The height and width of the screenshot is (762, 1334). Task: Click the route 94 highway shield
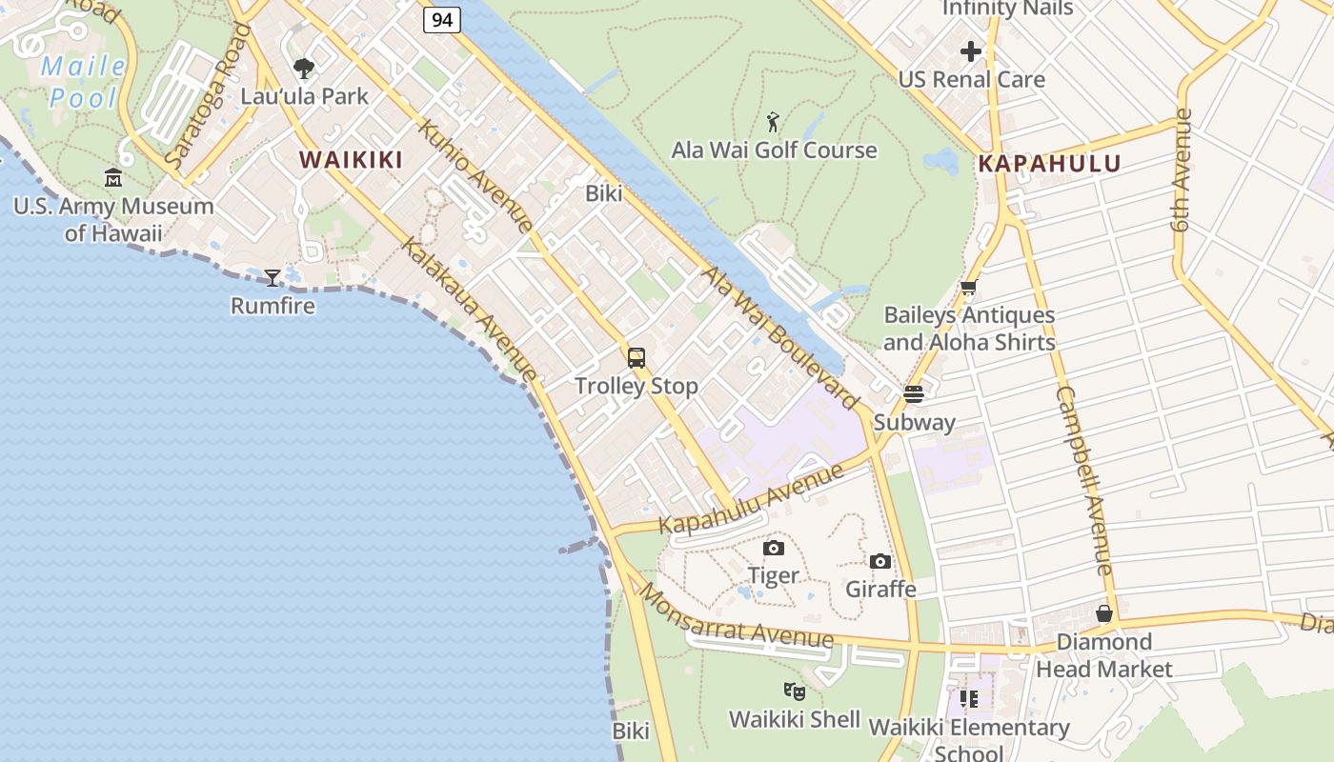coord(442,19)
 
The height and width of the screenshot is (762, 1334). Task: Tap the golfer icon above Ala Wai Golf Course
coord(773,122)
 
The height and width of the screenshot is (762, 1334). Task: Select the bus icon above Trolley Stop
coord(637,358)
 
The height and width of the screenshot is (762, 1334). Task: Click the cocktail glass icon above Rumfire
coord(273,277)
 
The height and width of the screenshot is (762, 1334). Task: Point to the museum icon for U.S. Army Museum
coord(113,177)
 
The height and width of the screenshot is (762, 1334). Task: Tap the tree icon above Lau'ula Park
coord(304,69)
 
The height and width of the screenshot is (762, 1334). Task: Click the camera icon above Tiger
coord(774,548)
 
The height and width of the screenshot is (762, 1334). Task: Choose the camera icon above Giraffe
coord(880,561)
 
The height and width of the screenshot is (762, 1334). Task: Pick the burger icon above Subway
coord(914,394)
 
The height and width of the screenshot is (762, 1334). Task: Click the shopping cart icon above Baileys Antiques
coord(969,287)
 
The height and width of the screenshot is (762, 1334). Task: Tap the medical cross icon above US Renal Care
coord(971,51)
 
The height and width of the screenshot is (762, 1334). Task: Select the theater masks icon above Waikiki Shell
coord(795,692)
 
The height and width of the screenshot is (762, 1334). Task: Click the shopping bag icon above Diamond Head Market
coord(1104,613)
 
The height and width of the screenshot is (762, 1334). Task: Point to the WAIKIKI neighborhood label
coord(352,159)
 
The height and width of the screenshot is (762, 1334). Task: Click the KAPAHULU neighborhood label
coord(1049,163)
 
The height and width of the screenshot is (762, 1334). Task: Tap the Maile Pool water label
coord(85,82)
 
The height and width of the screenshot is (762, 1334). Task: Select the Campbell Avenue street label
coord(1084,480)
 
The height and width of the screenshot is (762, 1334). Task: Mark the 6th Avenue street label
coord(1182,171)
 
